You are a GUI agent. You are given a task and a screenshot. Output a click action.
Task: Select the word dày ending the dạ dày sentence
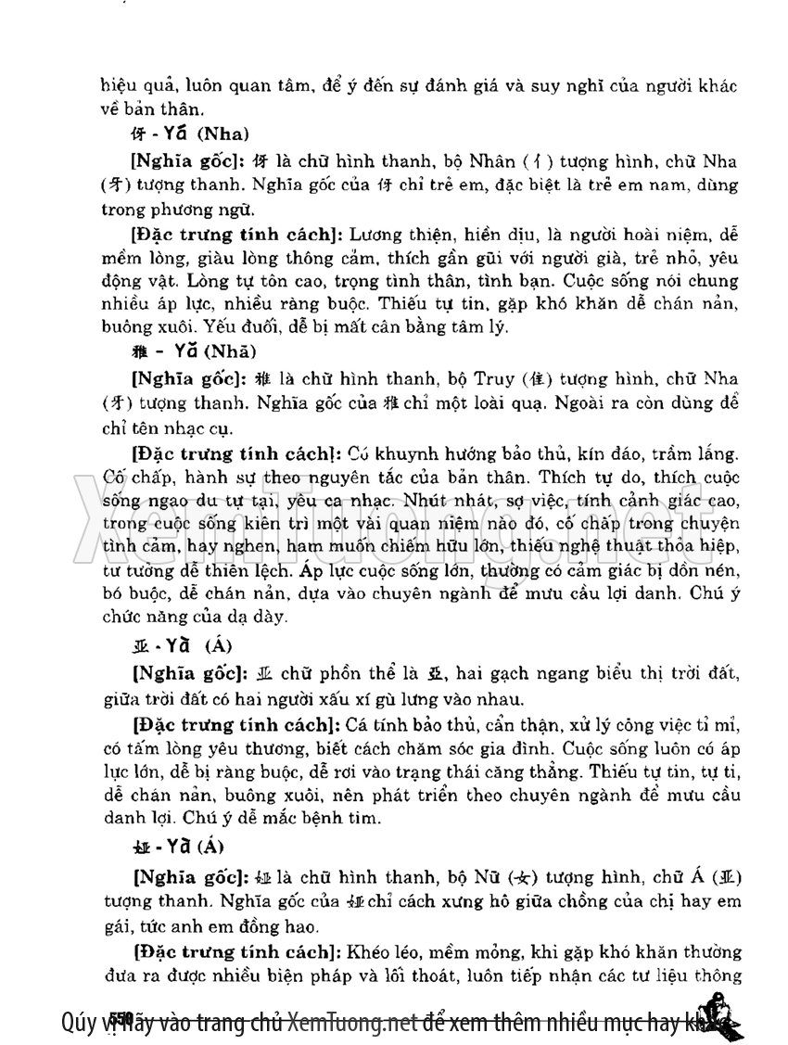click(x=273, y=615)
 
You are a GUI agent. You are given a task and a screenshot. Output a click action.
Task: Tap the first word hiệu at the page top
click(x=119, y=86)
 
